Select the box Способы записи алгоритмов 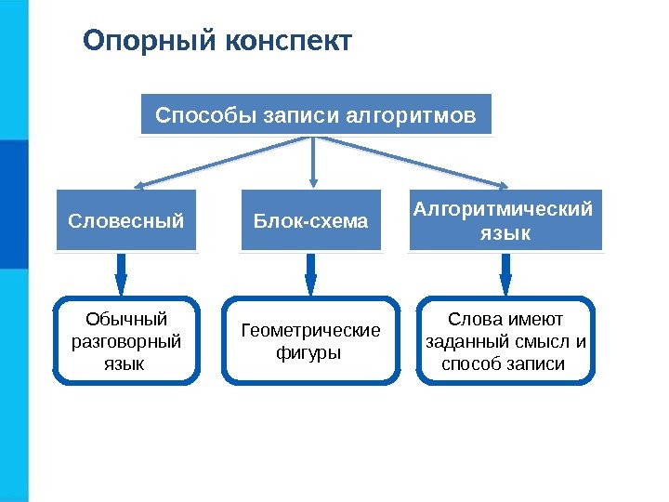click(x=316, y=115)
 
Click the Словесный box click(x=126, y=221)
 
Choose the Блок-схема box click(x=311, y=221)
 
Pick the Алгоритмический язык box click(x=505, y=221)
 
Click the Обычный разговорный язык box click(x=126, y=340)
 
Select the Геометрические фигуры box click(x=311, y=340)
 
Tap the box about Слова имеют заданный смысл click(x=505, y=340)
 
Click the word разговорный click(x=126, y=341)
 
